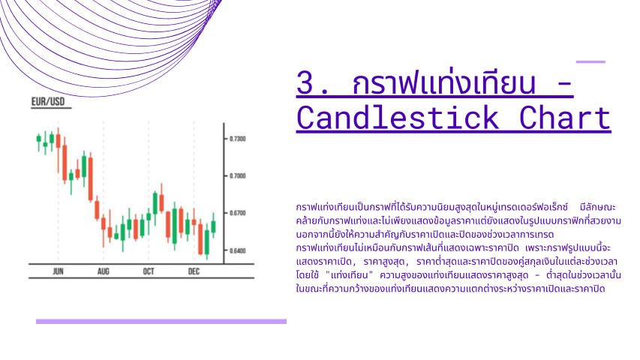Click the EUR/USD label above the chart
(x=48, y=102)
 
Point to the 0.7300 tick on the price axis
(x=238, y=139)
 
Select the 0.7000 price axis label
(x=238, y=176)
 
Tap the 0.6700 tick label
(x=238, y=213)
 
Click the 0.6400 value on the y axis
(x=238, y=250)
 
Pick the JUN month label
(x=58, y=271)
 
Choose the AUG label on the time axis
(x=104, y=271)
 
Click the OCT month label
(x=149, y=271)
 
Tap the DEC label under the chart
(x=194, y=271)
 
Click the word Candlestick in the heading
(x=398, y=118)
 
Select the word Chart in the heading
(x=565, y=118)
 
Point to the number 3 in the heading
(x=305, y=82)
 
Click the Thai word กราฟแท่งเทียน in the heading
(x=443, y=82)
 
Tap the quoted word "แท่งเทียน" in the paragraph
(x=350, y=275)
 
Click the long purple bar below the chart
(x=161, y=322)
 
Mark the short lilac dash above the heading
(x=590, y=62)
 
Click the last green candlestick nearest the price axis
(x=213, y=226)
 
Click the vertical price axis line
(x=224, y=193)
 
